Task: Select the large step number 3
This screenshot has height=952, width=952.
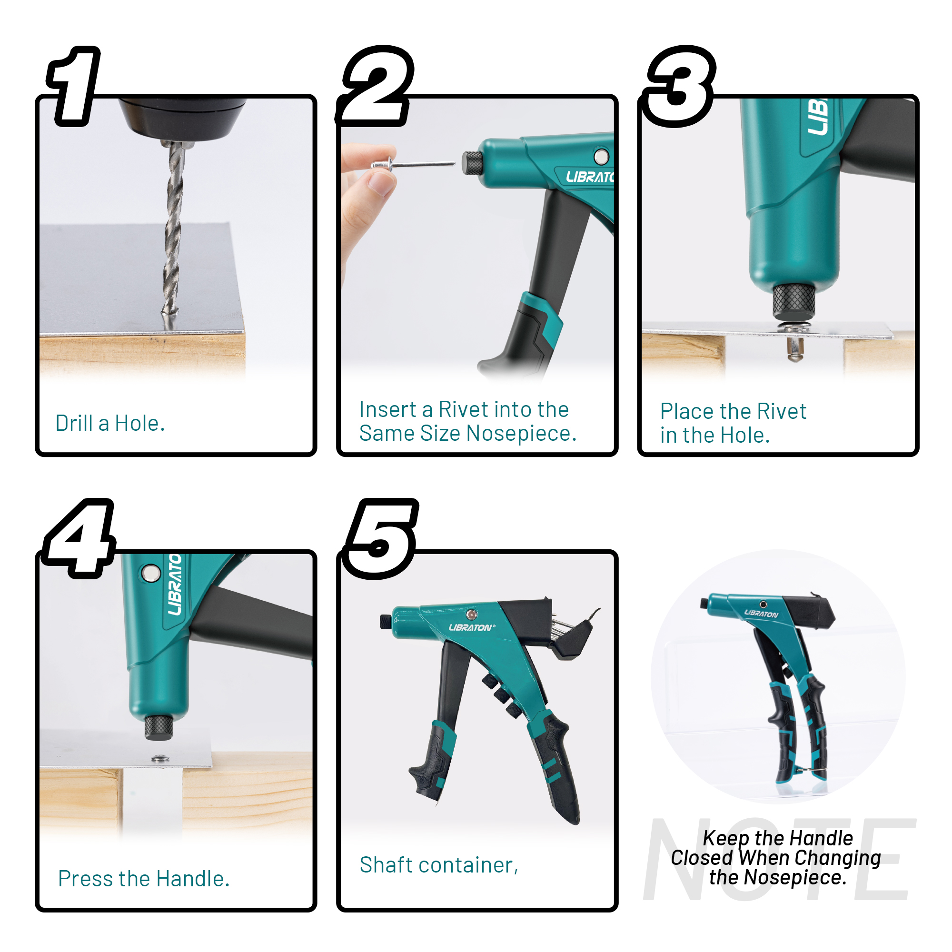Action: pos(679,86)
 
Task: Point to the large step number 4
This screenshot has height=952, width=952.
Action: pos(79,538)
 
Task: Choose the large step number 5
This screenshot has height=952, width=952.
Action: pos(380,538)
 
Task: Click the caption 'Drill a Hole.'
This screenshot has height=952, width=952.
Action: pos(110,423)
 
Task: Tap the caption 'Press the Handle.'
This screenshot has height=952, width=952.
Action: pos(144,879)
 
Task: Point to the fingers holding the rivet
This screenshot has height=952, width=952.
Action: pos(367,197)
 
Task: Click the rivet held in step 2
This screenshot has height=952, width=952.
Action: pos(413,164)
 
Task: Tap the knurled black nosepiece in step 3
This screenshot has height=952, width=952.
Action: pos(793,302)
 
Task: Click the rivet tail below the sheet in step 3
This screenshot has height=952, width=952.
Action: pos(794,349)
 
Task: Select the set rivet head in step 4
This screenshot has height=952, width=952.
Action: pos(159,758)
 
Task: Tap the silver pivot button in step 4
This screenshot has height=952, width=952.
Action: pos(150,573)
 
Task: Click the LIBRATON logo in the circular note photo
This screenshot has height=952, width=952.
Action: pos(761,614)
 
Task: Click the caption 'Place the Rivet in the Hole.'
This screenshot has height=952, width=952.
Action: pos(733,423)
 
